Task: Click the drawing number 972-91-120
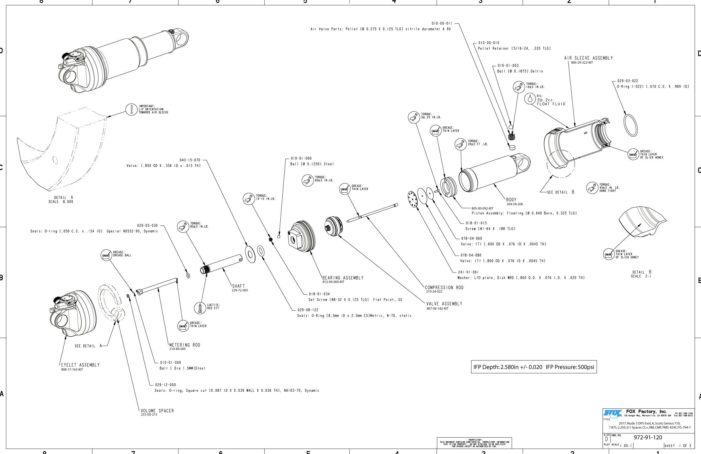[648, 437]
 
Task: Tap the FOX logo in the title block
[613, 413]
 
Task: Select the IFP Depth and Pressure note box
[534, 367]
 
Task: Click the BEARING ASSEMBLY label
[342, 278]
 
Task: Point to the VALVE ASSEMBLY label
[444, 304]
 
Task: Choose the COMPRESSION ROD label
[444, 287]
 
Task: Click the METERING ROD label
[185, 345]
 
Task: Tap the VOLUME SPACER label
[157, 411]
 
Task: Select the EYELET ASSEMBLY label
[80, 365]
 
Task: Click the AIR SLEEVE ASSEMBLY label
[588, 58]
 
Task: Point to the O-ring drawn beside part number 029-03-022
[631, 125]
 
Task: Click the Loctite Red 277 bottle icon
[200, 308]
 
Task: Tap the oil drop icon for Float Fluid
[530, 99]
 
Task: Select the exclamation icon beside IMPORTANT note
[131, 109]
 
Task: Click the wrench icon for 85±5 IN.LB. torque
[183, 226]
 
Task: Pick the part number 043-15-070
[190, 160]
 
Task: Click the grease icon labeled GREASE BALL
[106, 255]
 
